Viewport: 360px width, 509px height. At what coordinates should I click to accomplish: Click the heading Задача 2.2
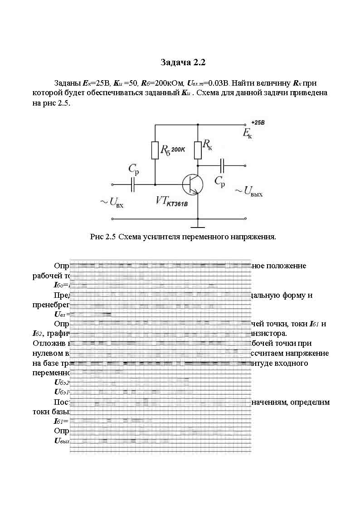tap(180, 62)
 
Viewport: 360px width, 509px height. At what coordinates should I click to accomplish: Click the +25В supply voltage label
tap(257, 123)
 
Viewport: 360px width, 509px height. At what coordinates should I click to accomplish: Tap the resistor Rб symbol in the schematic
tap(155, 150)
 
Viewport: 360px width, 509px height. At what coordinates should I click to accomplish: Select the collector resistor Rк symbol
tap(198, 150)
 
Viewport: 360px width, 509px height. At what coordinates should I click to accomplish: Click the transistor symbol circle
tap(192, 184)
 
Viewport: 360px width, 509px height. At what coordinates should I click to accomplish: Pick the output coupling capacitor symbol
tap(222, 165)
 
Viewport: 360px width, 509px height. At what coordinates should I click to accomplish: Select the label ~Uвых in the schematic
tap(248, 192)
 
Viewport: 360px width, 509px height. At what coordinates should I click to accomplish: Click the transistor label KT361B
tap(177, 204)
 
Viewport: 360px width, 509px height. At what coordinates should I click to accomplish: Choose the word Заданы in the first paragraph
tap(67, 83)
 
